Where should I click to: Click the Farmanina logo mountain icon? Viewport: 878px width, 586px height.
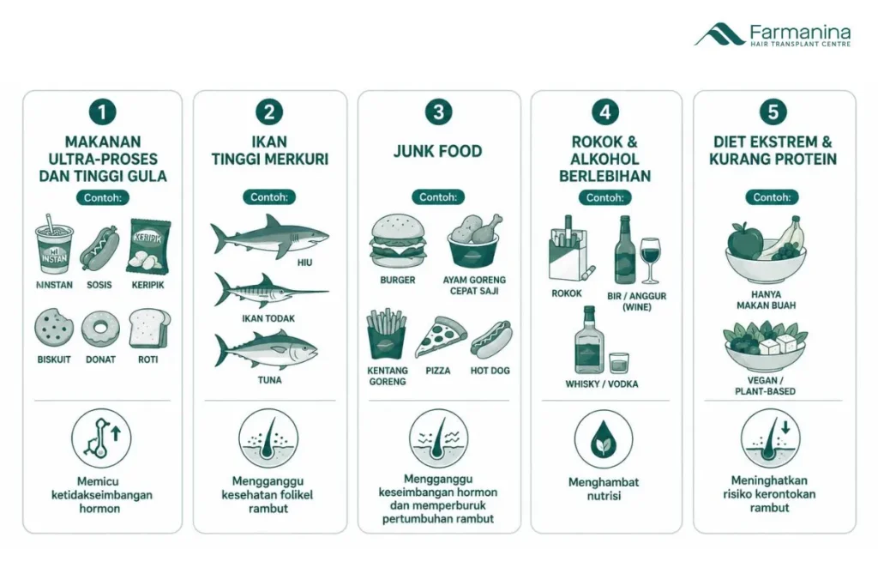point(719,34)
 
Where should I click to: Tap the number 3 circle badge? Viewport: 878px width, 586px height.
point(438,112)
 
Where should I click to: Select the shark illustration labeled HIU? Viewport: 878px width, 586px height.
point(269,236)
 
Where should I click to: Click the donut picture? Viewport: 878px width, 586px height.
point(100,329)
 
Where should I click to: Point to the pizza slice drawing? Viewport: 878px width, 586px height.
point(440,337)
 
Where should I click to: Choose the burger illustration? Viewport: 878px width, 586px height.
point(398,241)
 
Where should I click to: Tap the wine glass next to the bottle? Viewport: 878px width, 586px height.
point(650,260)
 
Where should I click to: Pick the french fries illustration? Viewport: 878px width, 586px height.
point(387,335)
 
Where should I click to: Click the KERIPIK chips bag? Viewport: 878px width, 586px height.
point(148,246)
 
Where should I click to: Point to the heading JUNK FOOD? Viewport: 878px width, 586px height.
point(437,151)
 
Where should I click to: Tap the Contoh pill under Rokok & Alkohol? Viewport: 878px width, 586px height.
point(604,197)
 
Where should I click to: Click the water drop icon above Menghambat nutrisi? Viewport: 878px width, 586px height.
point(604,439)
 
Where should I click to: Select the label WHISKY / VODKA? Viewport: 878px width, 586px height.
point(601,384)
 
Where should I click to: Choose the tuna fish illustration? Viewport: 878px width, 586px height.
point(267,351)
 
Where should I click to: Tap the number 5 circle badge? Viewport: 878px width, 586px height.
point(773,112)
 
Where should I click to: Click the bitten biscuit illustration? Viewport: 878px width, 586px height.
point(54,328)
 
